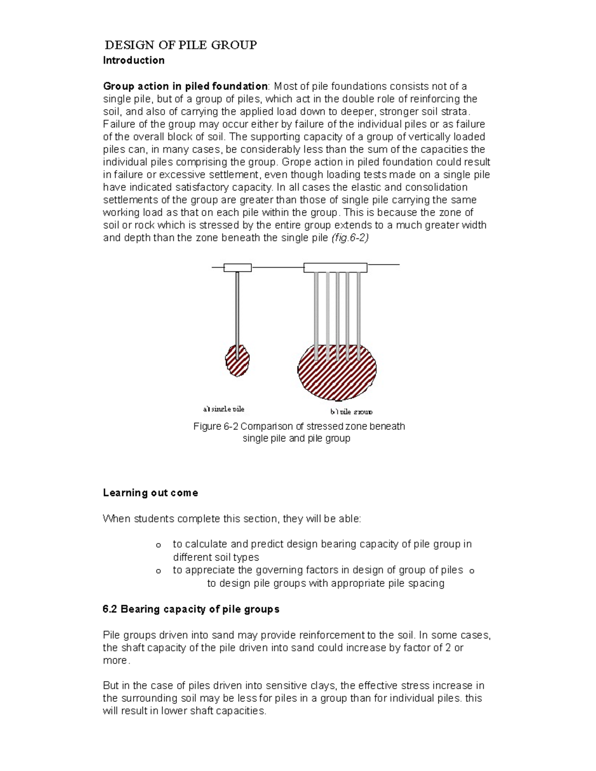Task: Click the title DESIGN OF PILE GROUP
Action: pos(180,45)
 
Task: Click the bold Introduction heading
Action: pos(133,61)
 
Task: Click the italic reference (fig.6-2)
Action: pos(350,238)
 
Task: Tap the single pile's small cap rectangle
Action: pos(237,268)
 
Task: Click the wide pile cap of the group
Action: pos(335,268)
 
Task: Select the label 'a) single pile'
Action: pos(223,409)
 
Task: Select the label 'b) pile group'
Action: pos(351,412)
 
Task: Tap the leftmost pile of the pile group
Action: pos(316,313)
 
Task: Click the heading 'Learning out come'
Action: pos(150,493)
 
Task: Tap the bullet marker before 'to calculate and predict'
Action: pos(158,545)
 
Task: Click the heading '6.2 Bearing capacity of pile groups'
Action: pos(191,609)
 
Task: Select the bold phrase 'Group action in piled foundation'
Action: pos(185,86)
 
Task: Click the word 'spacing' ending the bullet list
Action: pos(425,583)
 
